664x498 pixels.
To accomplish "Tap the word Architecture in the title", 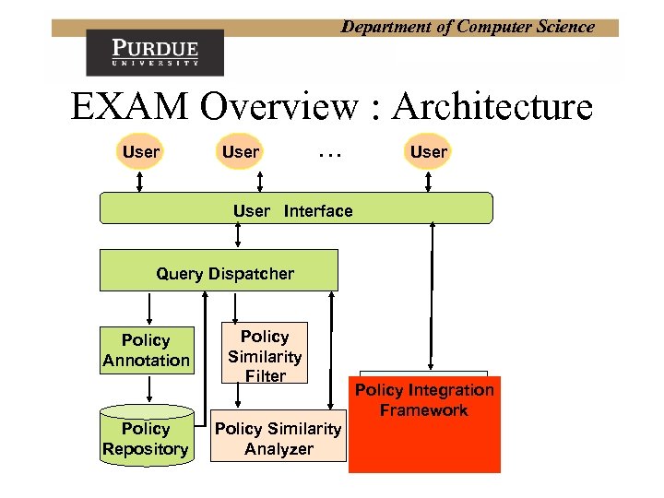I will point(492,108).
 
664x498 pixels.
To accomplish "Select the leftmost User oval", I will point(140,152).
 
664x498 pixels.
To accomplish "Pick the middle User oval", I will point(241,152).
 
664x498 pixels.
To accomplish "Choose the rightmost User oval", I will point(428,152).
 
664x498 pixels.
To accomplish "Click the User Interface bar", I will point(295,209).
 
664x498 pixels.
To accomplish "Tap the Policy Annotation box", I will point(147,350).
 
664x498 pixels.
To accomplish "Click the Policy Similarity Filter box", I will point(265,354).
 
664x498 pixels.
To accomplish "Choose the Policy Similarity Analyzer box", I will point(278,438).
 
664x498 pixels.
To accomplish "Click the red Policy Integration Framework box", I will point(424,424).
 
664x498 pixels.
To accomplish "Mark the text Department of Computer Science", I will point(468,27).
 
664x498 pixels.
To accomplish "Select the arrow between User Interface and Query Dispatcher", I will point(239,236).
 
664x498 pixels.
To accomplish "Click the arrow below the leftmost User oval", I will point(140,182).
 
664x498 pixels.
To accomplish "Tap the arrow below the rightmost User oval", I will point(428,182).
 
